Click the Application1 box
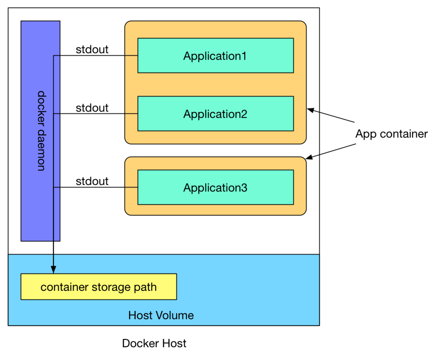[x=215, y=56]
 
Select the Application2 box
[x=215, y=114]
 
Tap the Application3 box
[x=215, y=187]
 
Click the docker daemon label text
[x=41, y=131]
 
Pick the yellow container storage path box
[x=98, y=287]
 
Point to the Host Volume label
[x=161, y=315]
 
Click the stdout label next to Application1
[x=92, y=50]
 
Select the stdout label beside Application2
[x=92, y=108]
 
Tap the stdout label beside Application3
[x=92, y=181]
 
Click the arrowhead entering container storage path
[x=53, y=270]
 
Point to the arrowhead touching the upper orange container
[x=310, y=110]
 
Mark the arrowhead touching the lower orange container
[x=309, y=158]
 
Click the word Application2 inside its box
[x=215, y=114]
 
